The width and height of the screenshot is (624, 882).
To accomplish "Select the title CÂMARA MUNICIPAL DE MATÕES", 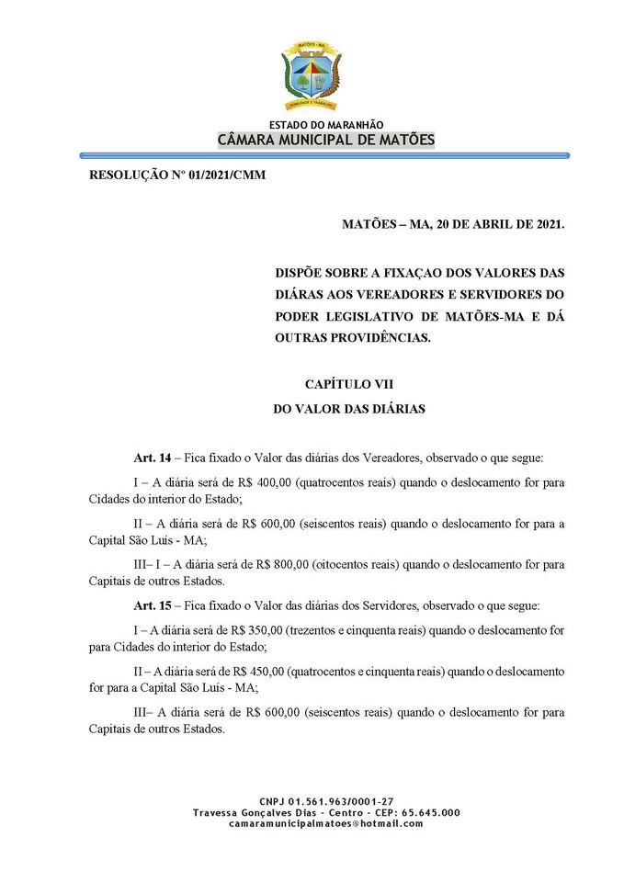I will [326, 140].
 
